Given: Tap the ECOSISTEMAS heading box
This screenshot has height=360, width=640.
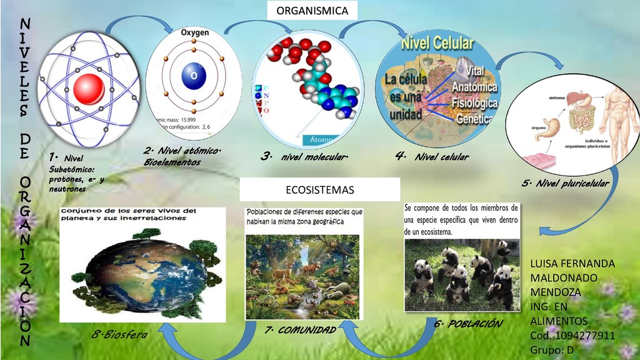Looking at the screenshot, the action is [x=319, y=189].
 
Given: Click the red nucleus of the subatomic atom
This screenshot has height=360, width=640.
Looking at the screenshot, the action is [x=87, y=89].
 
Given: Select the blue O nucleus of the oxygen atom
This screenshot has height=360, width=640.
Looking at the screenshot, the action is [x=194, y=75].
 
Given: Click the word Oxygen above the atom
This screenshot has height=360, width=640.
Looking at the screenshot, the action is [x=195, y=32].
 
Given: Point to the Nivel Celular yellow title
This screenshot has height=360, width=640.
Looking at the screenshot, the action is [x=437, y=44].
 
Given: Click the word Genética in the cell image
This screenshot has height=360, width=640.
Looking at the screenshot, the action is [x=476, y=117].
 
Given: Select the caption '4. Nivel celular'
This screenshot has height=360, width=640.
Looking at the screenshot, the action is [x=432, y=157].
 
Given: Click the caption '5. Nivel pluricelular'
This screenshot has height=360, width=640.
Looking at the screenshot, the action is [x=564, y=183].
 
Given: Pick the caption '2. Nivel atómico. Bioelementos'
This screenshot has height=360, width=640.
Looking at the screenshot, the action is [x=182, y=156].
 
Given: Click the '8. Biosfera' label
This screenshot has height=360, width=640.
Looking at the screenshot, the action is [x=119, y=335].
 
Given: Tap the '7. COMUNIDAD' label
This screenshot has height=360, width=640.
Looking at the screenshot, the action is [x=300, y=330].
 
